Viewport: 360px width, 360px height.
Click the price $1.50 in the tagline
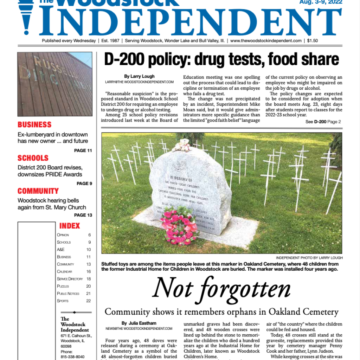click(312, 41)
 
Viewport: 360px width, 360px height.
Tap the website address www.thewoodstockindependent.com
click(266, 41)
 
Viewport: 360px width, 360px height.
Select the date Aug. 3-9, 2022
click(321, 2)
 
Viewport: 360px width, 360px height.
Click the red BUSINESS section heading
click(34, 125)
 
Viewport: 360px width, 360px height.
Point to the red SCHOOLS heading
click(33, 158)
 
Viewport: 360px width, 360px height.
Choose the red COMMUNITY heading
click(38, 191)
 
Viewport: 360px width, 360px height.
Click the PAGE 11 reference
click(83, 150)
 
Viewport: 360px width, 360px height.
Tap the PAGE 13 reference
click(83, 215)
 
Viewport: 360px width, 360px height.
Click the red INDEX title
click(70, 226)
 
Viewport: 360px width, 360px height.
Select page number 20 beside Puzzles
click(89, 286)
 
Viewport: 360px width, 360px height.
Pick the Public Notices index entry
click(68, 294)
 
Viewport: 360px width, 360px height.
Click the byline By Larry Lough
click(139, 76)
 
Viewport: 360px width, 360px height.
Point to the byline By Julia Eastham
click(139, 323)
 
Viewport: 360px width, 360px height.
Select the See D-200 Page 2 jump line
click(323, 122)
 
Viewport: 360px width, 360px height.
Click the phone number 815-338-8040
click(72, 357)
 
